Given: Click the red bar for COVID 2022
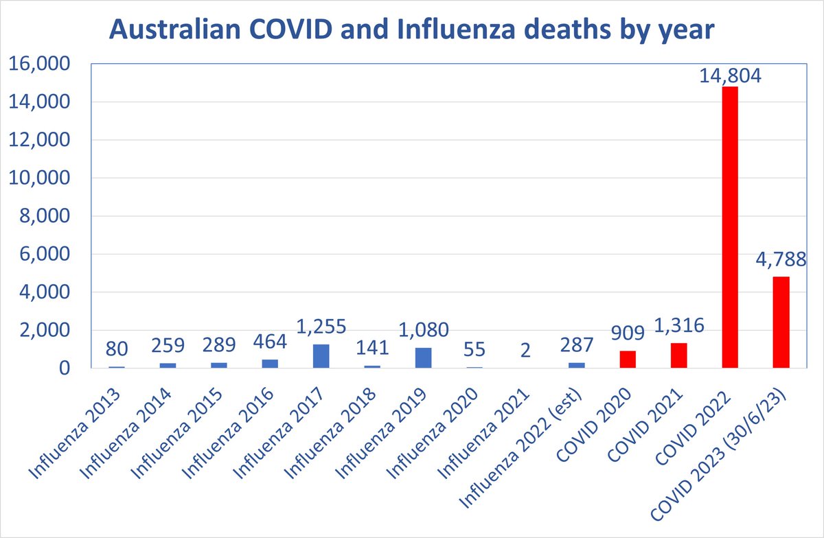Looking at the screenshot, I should click(729, 227).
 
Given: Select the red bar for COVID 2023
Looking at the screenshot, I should click(781, 323).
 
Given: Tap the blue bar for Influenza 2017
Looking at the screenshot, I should click(321, 356).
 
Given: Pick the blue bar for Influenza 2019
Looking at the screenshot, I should click(423, 358).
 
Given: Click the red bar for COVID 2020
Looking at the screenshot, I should click(628, 360).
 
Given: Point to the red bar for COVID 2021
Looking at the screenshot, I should click(678, 355).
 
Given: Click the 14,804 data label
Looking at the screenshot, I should click(729, 75).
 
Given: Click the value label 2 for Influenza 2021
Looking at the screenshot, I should click(525, 351).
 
